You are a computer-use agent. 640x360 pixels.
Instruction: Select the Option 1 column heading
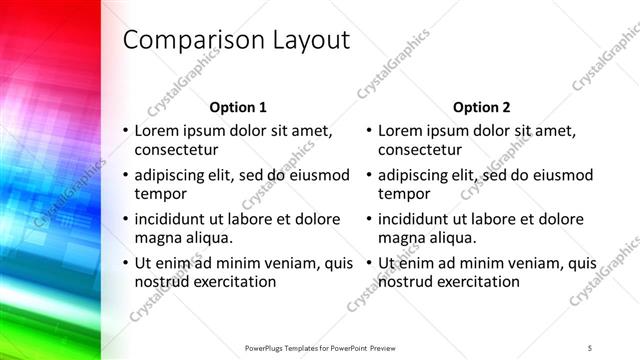click(x=238, y=107)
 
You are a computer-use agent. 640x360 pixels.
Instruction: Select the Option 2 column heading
click(x=482, y=107)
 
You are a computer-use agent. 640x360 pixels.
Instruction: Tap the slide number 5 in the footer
click(x=590, y=347)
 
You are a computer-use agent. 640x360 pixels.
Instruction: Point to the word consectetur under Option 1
click(x=176, y=150)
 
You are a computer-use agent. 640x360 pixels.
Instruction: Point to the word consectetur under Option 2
click(x=420, y=150)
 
